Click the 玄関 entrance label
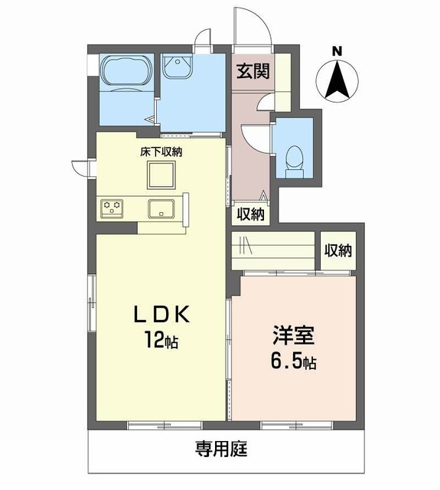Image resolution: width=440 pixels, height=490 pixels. [253, 71]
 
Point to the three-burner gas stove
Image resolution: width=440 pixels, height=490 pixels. [112, 207]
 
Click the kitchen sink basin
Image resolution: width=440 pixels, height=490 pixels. [161, 209]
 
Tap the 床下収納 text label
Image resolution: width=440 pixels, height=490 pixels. [161, 152]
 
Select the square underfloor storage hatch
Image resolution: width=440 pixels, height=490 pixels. [161, 175]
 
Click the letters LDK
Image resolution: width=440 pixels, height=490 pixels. [161, 315]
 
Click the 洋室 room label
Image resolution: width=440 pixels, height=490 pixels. [294, 335]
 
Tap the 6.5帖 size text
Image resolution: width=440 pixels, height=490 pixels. [293, 361]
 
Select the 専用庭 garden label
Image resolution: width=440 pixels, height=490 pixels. [221, 449]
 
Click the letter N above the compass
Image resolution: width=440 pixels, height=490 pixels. [337, 51]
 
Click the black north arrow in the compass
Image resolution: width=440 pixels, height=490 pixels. [337, 80]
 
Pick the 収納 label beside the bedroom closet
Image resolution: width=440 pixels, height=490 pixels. [338, 250]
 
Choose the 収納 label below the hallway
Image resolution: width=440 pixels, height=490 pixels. [250, 214]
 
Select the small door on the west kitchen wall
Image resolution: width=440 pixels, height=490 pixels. [80, 168]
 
